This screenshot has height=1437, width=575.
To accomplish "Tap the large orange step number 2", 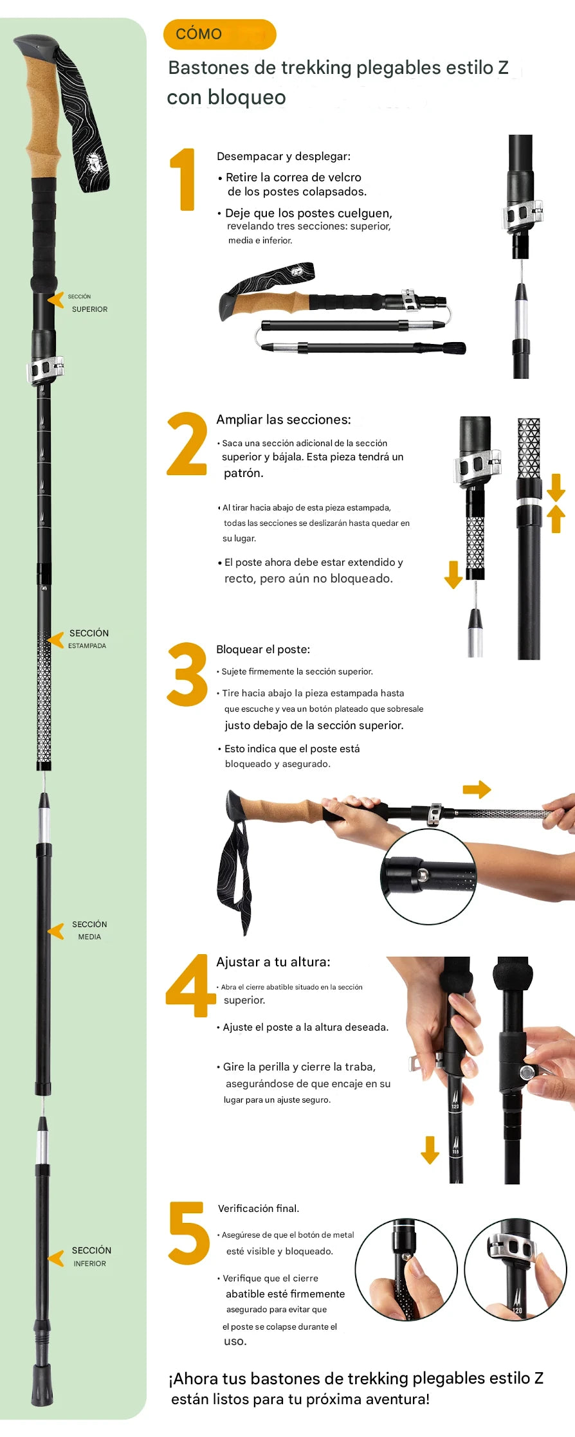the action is coord(187,444).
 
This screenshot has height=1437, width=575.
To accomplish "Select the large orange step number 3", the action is coord(187,674).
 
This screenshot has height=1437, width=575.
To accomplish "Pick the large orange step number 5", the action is coord(189,1233).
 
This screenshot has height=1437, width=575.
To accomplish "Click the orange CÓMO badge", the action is coord(220,34).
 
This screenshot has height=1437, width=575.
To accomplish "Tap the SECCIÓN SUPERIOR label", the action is coord(88,303).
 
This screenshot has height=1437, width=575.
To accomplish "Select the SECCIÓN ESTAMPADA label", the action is coord(88,639).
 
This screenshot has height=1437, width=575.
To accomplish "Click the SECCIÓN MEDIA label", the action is coord(89,930).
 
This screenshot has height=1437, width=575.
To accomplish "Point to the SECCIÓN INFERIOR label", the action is coord(91,1256).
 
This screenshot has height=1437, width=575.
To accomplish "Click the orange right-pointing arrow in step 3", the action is coord(477,790).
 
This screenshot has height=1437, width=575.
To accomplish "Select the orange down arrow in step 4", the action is coord(430,1150).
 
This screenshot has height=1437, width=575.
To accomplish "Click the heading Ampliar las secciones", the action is coord(284,420).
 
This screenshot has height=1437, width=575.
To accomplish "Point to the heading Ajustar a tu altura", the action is coord(273,962).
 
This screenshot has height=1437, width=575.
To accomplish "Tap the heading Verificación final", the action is coord(259,1208).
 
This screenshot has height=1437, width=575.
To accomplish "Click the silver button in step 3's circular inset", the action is coord(423,874).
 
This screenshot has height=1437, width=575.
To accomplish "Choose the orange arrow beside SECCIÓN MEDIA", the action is coord(56,931).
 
